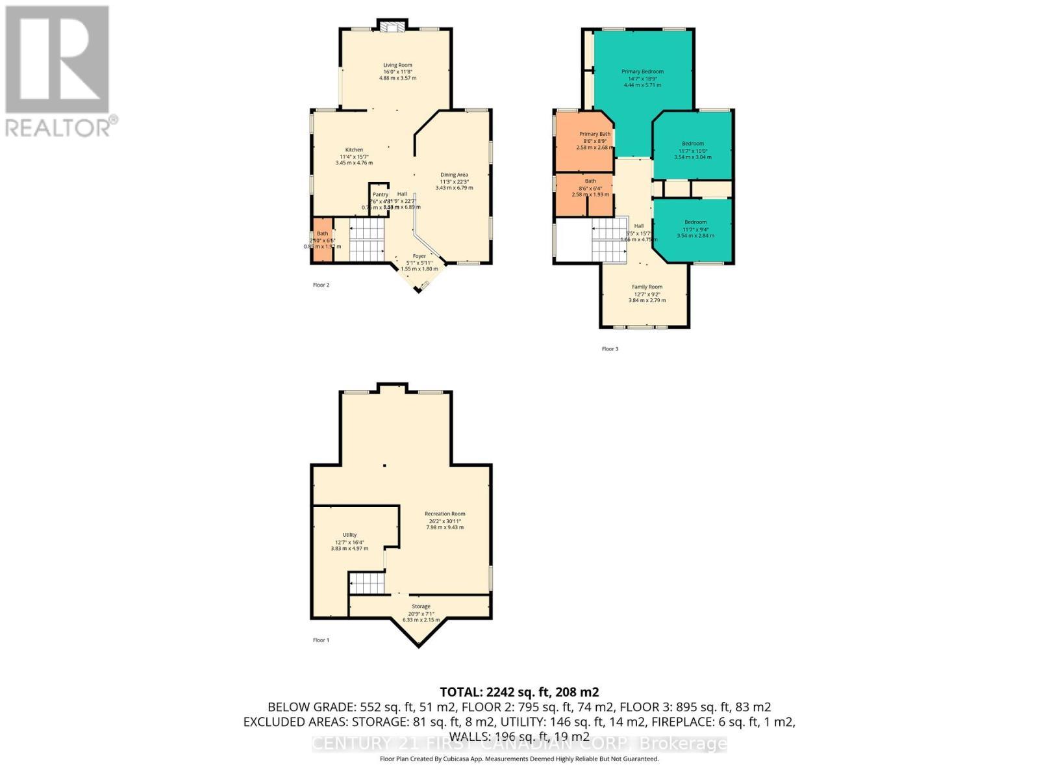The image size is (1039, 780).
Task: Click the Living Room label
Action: coord(397,65)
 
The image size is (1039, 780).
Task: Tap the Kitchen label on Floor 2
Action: coord(354,150)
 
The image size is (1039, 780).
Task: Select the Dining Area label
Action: coord(454,175)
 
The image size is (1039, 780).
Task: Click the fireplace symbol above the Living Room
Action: coord(392,26)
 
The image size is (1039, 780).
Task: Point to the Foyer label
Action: coord(419,256)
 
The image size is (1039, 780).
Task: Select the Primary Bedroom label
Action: coord(642,71)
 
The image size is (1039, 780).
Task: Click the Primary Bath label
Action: coord(595,134)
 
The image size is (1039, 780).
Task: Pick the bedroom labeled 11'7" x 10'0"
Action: coord(693,144)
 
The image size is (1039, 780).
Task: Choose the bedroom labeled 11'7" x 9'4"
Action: coord(695,222)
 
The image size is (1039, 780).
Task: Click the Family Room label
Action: coord(647,287)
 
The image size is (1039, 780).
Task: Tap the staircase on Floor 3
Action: coord(609,237)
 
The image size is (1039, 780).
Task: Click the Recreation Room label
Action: coord(445,514)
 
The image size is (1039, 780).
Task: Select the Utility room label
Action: coord(349,535)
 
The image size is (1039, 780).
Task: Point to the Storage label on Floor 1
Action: coord(421,606)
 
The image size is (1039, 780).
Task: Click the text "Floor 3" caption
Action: coord(610,349)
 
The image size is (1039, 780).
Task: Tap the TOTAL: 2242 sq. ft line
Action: coord(519,692)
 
